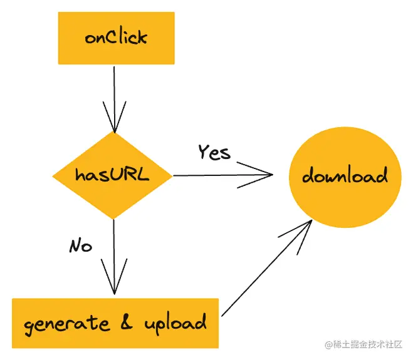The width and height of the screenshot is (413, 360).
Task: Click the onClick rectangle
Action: [116, 38]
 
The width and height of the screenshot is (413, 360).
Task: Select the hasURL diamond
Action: [113, 175]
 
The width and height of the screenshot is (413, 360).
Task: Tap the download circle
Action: [344, 176]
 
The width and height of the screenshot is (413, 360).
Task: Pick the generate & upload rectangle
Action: [115, 323]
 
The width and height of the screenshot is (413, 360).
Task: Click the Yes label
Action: [214, 152]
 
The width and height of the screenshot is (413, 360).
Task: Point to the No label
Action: [80, 245]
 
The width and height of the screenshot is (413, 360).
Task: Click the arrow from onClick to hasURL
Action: [114, 94]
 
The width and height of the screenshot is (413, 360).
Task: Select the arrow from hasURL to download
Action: [219, 175]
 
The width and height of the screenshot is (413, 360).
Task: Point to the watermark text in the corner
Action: [363, 345]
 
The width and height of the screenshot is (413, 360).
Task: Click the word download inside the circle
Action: [344, 176]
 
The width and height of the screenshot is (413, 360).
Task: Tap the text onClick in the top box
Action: [116, 38]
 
